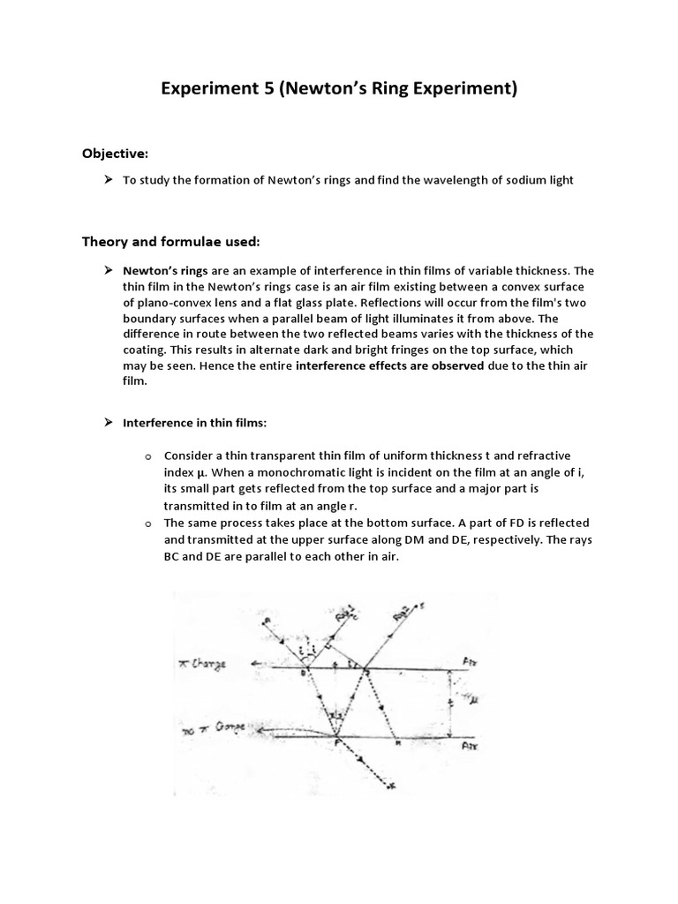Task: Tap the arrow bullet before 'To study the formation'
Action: (108, 180)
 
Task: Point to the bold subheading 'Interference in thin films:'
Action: (194, 423)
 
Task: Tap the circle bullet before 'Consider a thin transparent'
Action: (148, 456)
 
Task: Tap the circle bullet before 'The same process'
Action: (148, 524)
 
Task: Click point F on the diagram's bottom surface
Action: (336, 744)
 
